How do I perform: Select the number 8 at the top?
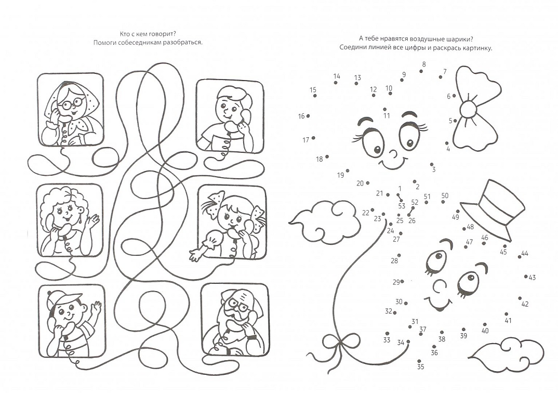tap(424, 64)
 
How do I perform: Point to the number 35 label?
tap(421, 366)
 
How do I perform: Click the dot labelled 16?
tap(308, 116)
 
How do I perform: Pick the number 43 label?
tap(532, 277)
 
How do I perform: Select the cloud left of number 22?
tap(325, 221)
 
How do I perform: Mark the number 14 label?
tap(337, 76)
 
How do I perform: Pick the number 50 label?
tap(445, 195)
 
